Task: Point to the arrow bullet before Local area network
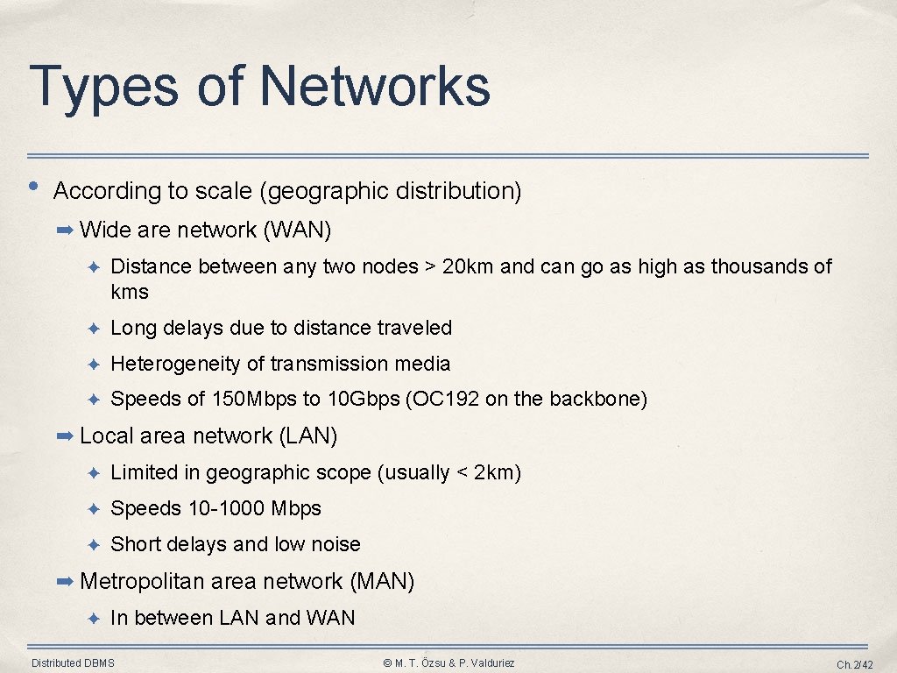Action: point(66,436)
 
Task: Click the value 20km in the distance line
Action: point(468,266)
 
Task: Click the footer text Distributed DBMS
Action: point(73,663)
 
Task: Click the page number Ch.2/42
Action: point(855,664)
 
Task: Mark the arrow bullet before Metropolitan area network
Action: point(66,581)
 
